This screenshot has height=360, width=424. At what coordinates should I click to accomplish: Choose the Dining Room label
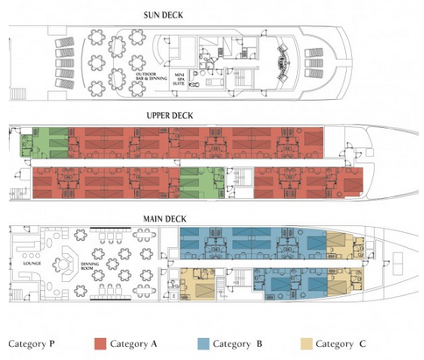(x=91, y=265)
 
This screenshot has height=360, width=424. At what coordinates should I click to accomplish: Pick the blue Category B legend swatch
(x=200, y=343)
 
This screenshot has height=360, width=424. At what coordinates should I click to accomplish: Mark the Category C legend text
(x=342, y=343)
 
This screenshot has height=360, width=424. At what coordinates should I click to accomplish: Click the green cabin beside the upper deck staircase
(x=201, y=181)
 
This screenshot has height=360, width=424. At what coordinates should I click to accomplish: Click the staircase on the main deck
(x=233, y=281)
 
